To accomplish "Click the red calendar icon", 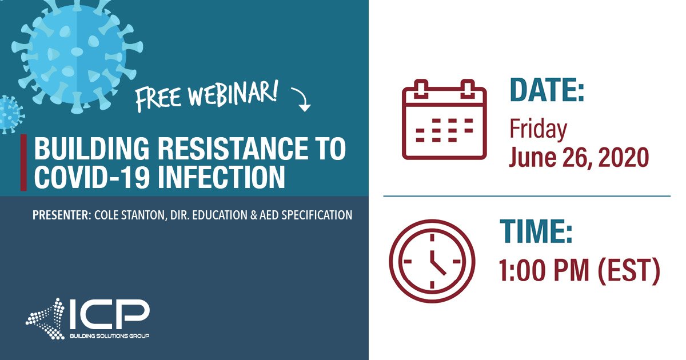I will pos(444,119).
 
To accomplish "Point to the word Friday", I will pos(538,129).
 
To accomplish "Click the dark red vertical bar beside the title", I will pos(23,163).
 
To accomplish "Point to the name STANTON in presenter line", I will pos(150,215).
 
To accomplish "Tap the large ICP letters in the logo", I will pos(109,315).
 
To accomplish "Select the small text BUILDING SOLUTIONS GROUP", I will pos(109,336).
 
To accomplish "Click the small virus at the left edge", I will pos(9,114).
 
